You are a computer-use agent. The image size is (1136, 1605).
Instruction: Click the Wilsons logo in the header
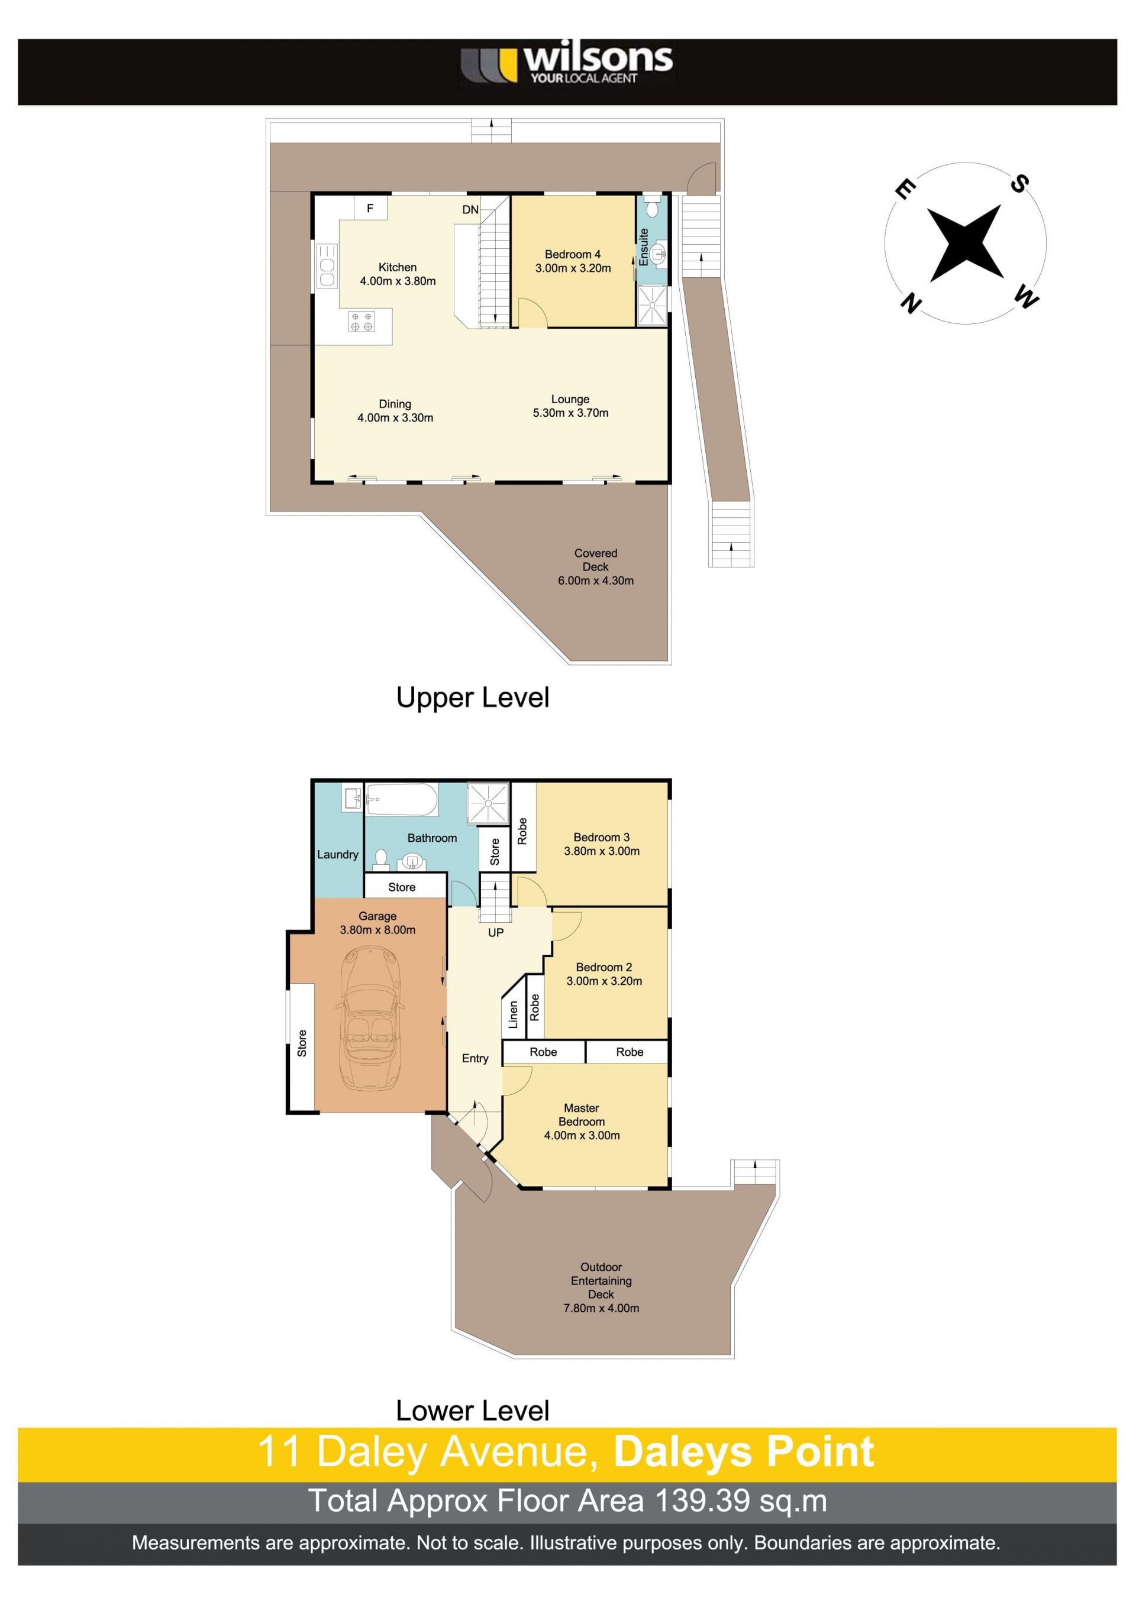tap(567, 64)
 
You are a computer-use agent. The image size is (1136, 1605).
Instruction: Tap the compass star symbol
tap(966, 242)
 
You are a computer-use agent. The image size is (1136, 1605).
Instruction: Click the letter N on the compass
tap(911, 303)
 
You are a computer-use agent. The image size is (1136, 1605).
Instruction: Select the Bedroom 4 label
tap(572, 254)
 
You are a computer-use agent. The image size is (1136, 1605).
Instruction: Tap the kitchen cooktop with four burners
tap(361, 322)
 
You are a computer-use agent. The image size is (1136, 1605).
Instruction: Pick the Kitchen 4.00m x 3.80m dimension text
tap(398, 281)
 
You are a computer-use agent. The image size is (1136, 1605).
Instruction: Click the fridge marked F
tap(370, 207)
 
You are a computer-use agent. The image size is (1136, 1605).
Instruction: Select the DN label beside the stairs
tap(470, 210)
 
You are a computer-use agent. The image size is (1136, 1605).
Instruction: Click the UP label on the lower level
tap(495, 932)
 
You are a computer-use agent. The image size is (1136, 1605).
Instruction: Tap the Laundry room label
tap(337, 855)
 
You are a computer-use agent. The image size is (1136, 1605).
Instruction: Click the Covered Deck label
tap(595, 560)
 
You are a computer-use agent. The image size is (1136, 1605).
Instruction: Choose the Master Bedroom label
tap(581, 1115)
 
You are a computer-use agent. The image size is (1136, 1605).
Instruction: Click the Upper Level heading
tap(473, 698)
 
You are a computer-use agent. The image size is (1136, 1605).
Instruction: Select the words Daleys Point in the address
tap(744, 1452)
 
